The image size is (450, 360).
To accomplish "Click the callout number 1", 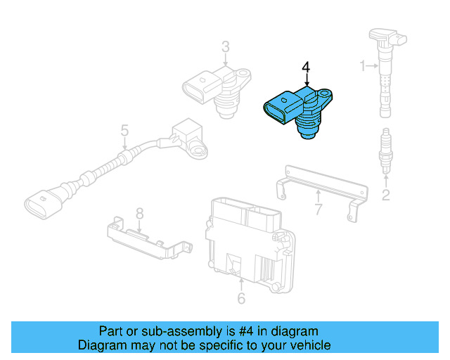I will pyautogui.click(x=364, y=66).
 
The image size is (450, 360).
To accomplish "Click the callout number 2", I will pyautogui.click(x=385, y=195).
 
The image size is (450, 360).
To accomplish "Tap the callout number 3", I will pyautogui.click(x=225, y=48).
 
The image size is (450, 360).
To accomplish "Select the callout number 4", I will pyautogui.click(x=306, y=67).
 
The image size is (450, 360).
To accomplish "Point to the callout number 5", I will pyautogui.click(x=124, y=131).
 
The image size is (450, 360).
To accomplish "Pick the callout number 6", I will pyautogui.click(x=241, y=299).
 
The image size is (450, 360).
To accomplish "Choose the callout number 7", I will pyautogui.click(x=318, y=208).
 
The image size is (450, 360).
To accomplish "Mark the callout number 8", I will pyautogui.click(x=139, y=212).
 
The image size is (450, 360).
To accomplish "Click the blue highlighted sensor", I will pyautogui.click(x=298, y=109).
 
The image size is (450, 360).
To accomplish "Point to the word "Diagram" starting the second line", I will pyautogui.click(x=102, y=345).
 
